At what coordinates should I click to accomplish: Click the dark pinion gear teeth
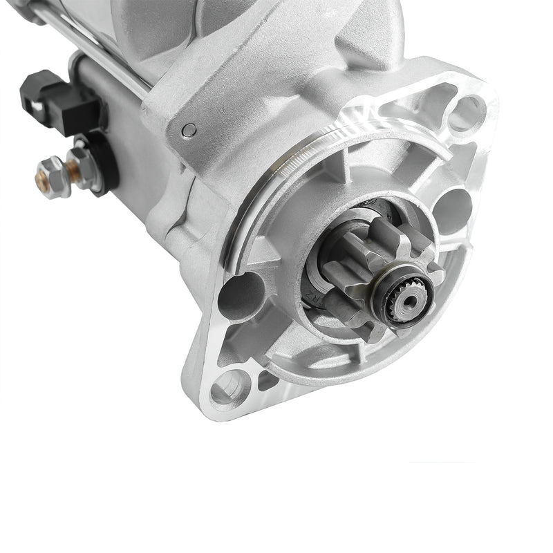[359, 276]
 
